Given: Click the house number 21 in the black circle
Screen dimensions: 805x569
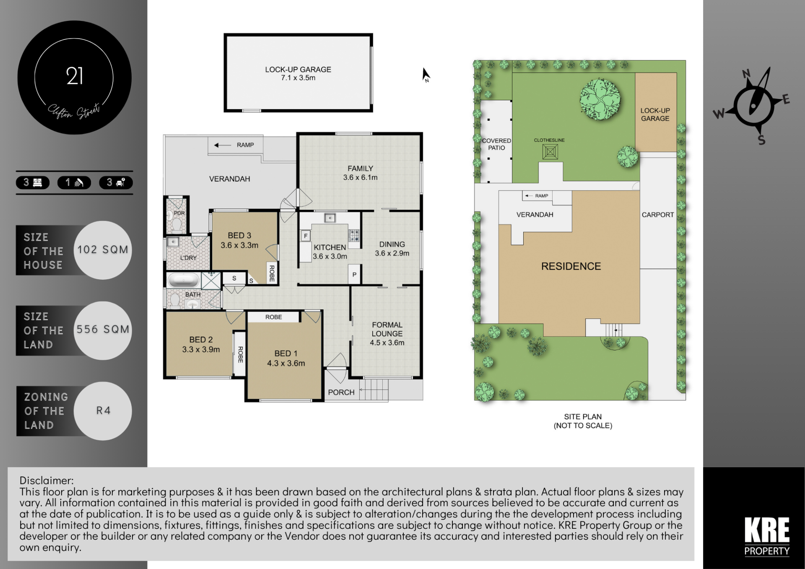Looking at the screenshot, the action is pos(75,76).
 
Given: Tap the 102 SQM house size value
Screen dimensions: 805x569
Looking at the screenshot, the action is pos(103,249).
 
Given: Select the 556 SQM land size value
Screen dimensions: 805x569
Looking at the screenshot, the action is pos(103,329).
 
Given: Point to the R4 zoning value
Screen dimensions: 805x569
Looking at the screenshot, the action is pos(103,411).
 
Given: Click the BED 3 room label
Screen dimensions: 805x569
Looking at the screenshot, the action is pos(239,236).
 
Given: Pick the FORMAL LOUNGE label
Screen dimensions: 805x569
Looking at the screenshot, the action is pos(387,329).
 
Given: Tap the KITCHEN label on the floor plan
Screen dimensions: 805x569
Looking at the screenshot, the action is pos(330,247).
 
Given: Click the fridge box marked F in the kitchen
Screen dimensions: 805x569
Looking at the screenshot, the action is pos(306,236).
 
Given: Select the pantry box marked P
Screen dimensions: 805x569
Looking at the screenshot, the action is pos(354,275).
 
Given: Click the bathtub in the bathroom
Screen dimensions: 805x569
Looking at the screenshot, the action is pos(183,280).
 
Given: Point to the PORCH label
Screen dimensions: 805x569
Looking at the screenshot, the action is pos(341,392).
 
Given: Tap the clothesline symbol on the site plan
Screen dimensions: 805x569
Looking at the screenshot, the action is pos(550,151).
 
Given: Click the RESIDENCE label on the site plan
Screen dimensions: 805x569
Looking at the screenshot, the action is pos(571,266).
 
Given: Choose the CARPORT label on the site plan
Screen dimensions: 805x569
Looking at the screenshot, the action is pos(658,215).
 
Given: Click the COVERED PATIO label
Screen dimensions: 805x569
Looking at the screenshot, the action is pos(496,144).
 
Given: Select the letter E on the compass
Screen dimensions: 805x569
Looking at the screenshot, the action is pos(786,99).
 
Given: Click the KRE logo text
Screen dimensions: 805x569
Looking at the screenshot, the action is pos(767,530).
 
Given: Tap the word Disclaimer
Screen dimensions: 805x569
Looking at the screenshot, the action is pos(47,480).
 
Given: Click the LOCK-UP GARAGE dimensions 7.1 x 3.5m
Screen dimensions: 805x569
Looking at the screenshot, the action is pos(298,78).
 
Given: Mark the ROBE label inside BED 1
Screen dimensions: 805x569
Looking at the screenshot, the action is pos(273,317).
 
